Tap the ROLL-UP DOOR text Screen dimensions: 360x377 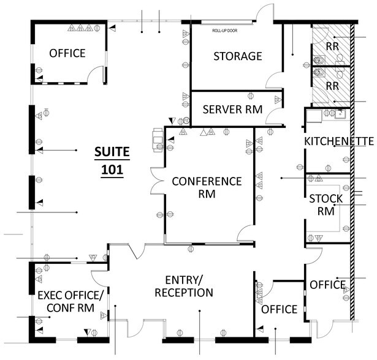click(x=224, y=30)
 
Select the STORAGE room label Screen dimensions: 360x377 click(x=237, y=56)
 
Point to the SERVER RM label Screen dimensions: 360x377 click(x=232, y=110)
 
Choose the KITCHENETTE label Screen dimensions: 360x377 click(x=339, y=141)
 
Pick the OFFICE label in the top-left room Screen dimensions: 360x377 click(x=67, y=53)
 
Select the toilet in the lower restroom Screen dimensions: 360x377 click(x=318, y=73)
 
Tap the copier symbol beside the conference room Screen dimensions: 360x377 click(x=158, y=138)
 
